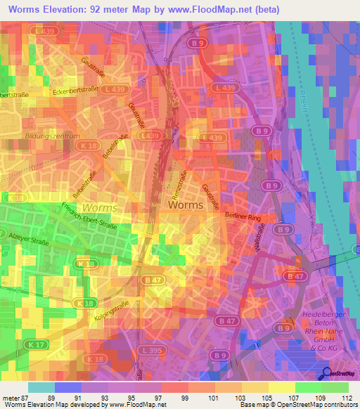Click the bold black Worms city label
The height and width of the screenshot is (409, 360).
pyautogui.click(x=186, y=205)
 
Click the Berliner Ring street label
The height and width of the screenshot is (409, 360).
pyautogui.click(x=243, y=218)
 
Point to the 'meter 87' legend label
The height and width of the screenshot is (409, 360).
pyautogui.click(x=14, y=396)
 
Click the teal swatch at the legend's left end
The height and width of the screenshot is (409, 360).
pyautogui.click(x=41, y=387)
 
